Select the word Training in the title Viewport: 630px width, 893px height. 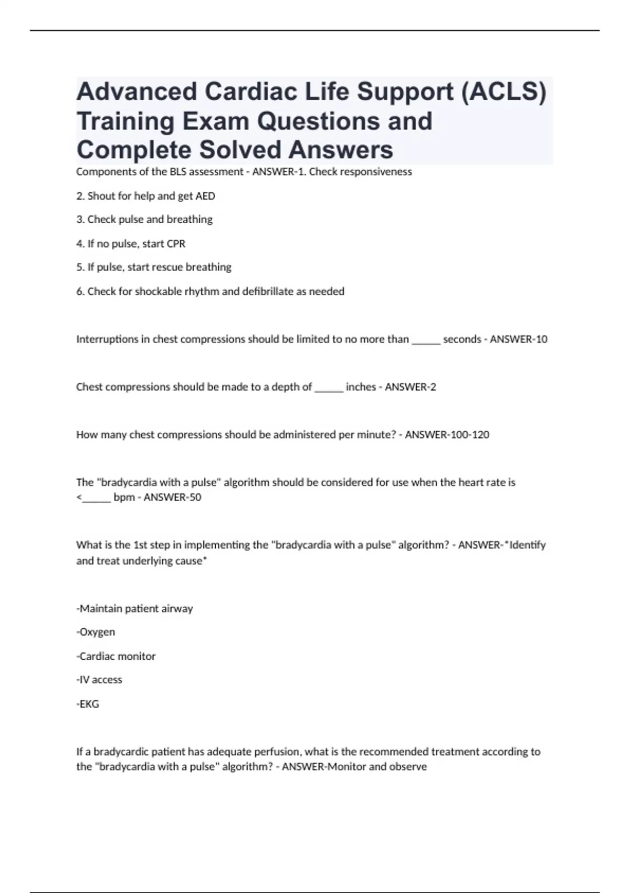pos(125,121)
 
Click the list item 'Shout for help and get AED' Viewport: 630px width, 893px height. pos(145,196)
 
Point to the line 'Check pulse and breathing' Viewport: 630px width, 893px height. pos(144,220)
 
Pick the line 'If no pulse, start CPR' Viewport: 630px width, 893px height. pos(131,244)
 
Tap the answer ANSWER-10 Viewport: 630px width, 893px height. pos(518,339)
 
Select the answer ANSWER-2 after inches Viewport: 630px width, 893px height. pos(410,387)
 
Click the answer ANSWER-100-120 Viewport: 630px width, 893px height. pos(447,435)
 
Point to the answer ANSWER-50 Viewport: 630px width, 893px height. pos(172,497)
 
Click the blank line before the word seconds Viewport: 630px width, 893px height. pos(426,341)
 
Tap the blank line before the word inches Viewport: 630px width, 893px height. pos(329,389)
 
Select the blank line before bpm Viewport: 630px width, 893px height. pos(96,500)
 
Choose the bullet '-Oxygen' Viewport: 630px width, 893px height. pos(96,632)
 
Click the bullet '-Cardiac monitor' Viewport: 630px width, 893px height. pos(116,656)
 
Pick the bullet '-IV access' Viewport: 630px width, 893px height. pos(99,680)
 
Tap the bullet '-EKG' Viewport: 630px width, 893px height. pos(88,704)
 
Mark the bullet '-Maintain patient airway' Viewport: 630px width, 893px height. pos(134,608)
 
